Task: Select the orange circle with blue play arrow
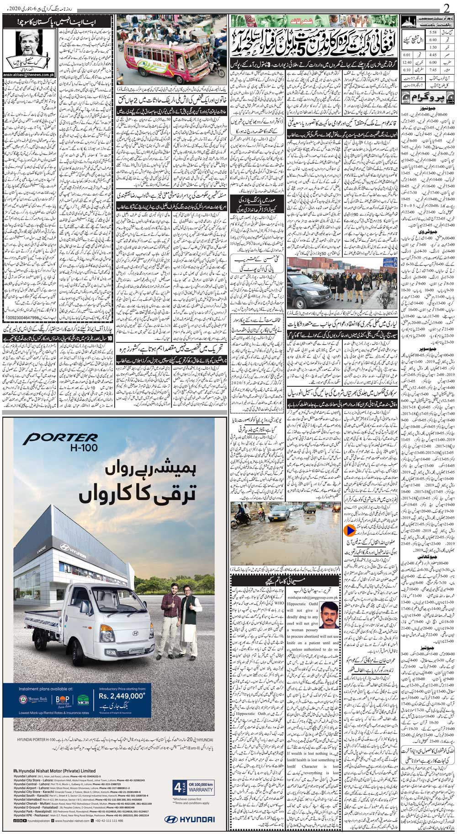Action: tap(349, 531)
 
